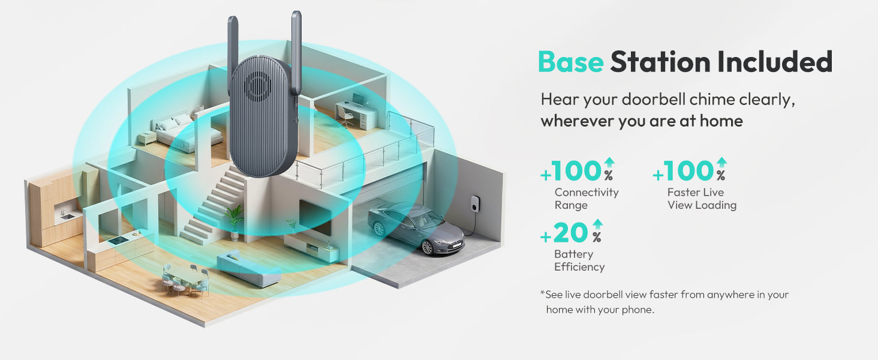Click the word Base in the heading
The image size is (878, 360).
(571, 62)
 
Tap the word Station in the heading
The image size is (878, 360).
(660, 62)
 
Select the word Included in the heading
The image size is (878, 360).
(774, 61)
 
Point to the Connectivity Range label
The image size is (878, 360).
(587, 199)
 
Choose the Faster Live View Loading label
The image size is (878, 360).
(702, 199)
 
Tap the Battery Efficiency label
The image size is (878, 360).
(579, 260)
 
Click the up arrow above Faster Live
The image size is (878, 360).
(721, 163)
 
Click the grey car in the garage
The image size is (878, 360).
(416, 228)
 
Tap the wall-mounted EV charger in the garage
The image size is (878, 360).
(476, 204)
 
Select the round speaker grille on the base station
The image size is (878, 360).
(257, 85)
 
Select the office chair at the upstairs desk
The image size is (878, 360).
(345, 116)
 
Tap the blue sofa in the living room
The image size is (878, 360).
(248, 268)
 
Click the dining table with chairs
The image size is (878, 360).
(186, 281)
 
